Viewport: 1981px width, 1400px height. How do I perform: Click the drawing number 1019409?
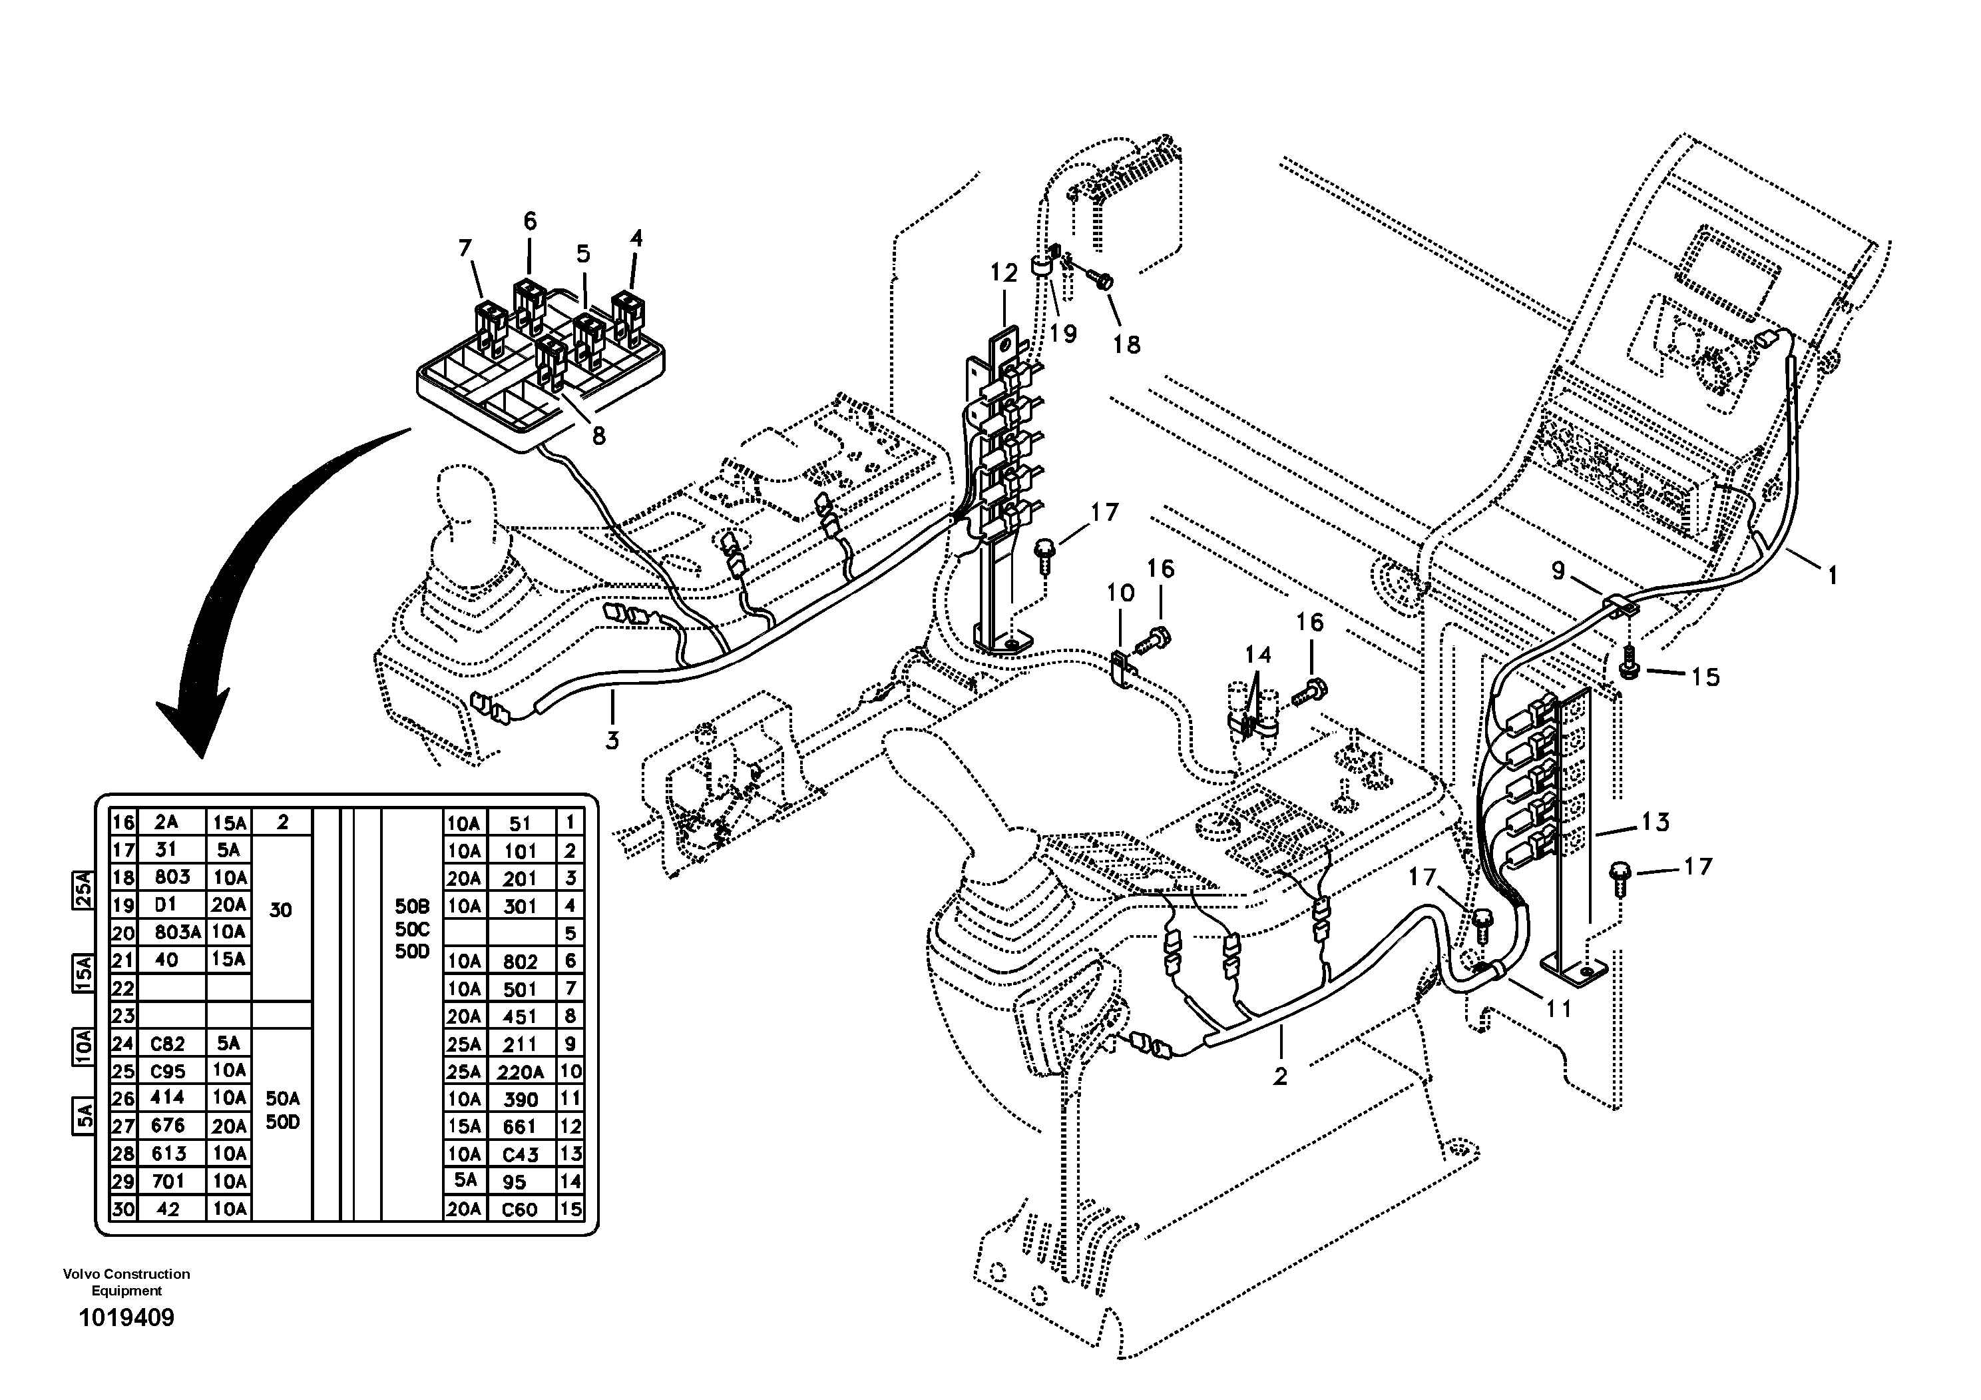[126, 1318]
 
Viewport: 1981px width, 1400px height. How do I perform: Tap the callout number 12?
[1004, 274]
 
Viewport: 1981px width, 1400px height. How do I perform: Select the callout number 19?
[1064, 333]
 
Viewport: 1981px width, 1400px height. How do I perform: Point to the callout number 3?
[612, 740]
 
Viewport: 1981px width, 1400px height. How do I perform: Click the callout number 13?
[1655, 822]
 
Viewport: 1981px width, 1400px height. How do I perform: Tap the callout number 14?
[1258, 655]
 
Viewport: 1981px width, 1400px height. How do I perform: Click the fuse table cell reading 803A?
[178, 932]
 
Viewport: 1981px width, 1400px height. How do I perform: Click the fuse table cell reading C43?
[521, 1155]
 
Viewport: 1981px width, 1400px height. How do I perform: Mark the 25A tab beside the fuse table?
[82, 890]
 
